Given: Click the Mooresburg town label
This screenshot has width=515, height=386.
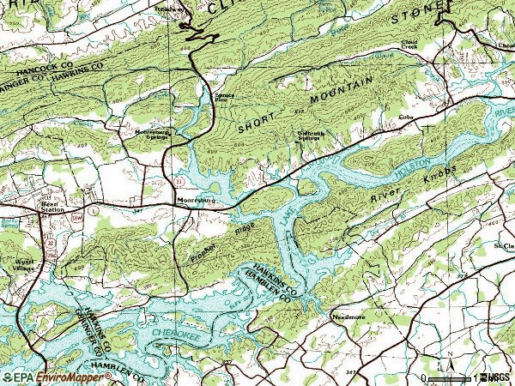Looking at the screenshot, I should [194, 202].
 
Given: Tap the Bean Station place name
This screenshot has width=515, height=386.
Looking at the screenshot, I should [53, 206].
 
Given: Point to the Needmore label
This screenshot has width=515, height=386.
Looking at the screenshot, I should [348, 317].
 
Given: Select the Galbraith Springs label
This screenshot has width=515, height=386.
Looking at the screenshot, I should [314, 136].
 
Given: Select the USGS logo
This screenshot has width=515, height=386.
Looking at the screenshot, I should [497, 377].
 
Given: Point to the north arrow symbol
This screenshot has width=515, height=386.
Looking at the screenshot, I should [446, 354].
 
